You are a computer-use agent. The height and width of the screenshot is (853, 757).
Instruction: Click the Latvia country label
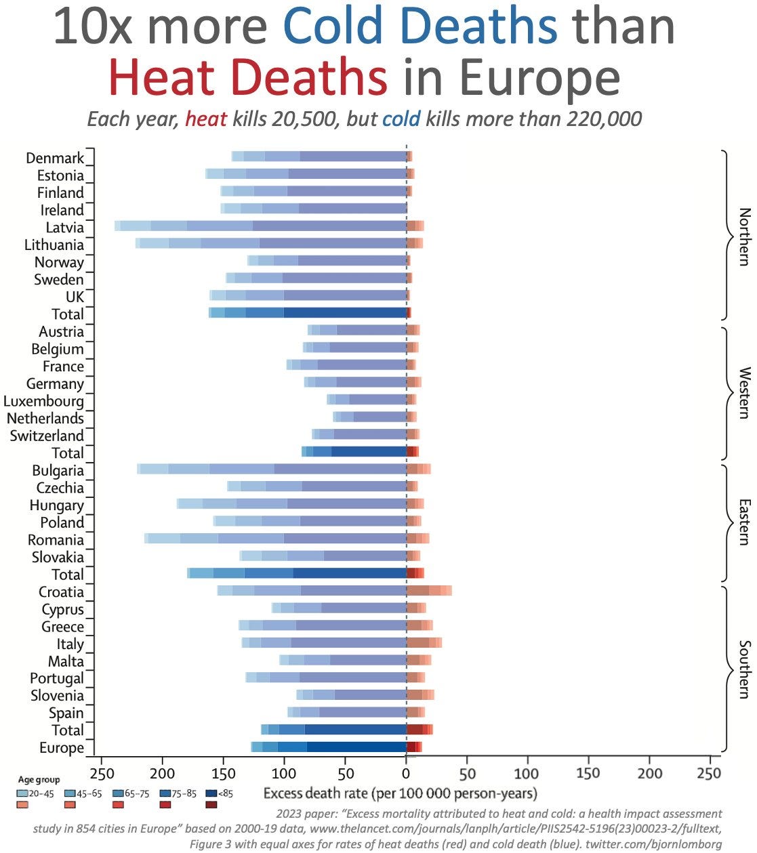pos(64,228)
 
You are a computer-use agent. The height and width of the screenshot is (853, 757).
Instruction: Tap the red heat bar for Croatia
pos(428,591)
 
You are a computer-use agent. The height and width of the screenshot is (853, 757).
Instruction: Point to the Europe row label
pos(62,748)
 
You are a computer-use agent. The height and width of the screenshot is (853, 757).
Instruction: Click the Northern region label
pos(744,236)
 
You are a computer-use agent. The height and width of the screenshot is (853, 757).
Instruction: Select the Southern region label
pos(744,669)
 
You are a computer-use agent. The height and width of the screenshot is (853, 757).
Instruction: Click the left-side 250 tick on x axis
pos(102,774)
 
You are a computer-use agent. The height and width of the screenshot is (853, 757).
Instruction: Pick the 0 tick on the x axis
pos(406,774)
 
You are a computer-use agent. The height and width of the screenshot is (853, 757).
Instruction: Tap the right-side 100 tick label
pos(527,774)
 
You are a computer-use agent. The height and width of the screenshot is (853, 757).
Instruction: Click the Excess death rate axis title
pos(400,793)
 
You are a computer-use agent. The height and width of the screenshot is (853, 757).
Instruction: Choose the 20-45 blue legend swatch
pos(24,793)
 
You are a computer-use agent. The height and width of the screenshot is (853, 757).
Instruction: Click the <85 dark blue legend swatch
pos(211,793)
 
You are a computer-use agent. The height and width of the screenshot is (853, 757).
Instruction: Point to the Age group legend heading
pos(39,780)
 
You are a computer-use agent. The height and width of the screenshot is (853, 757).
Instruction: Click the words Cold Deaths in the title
pos(420,27)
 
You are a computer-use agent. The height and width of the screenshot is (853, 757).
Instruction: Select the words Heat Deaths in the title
pos(247,77)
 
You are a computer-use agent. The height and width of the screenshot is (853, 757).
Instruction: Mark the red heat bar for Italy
pos(424,642)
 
